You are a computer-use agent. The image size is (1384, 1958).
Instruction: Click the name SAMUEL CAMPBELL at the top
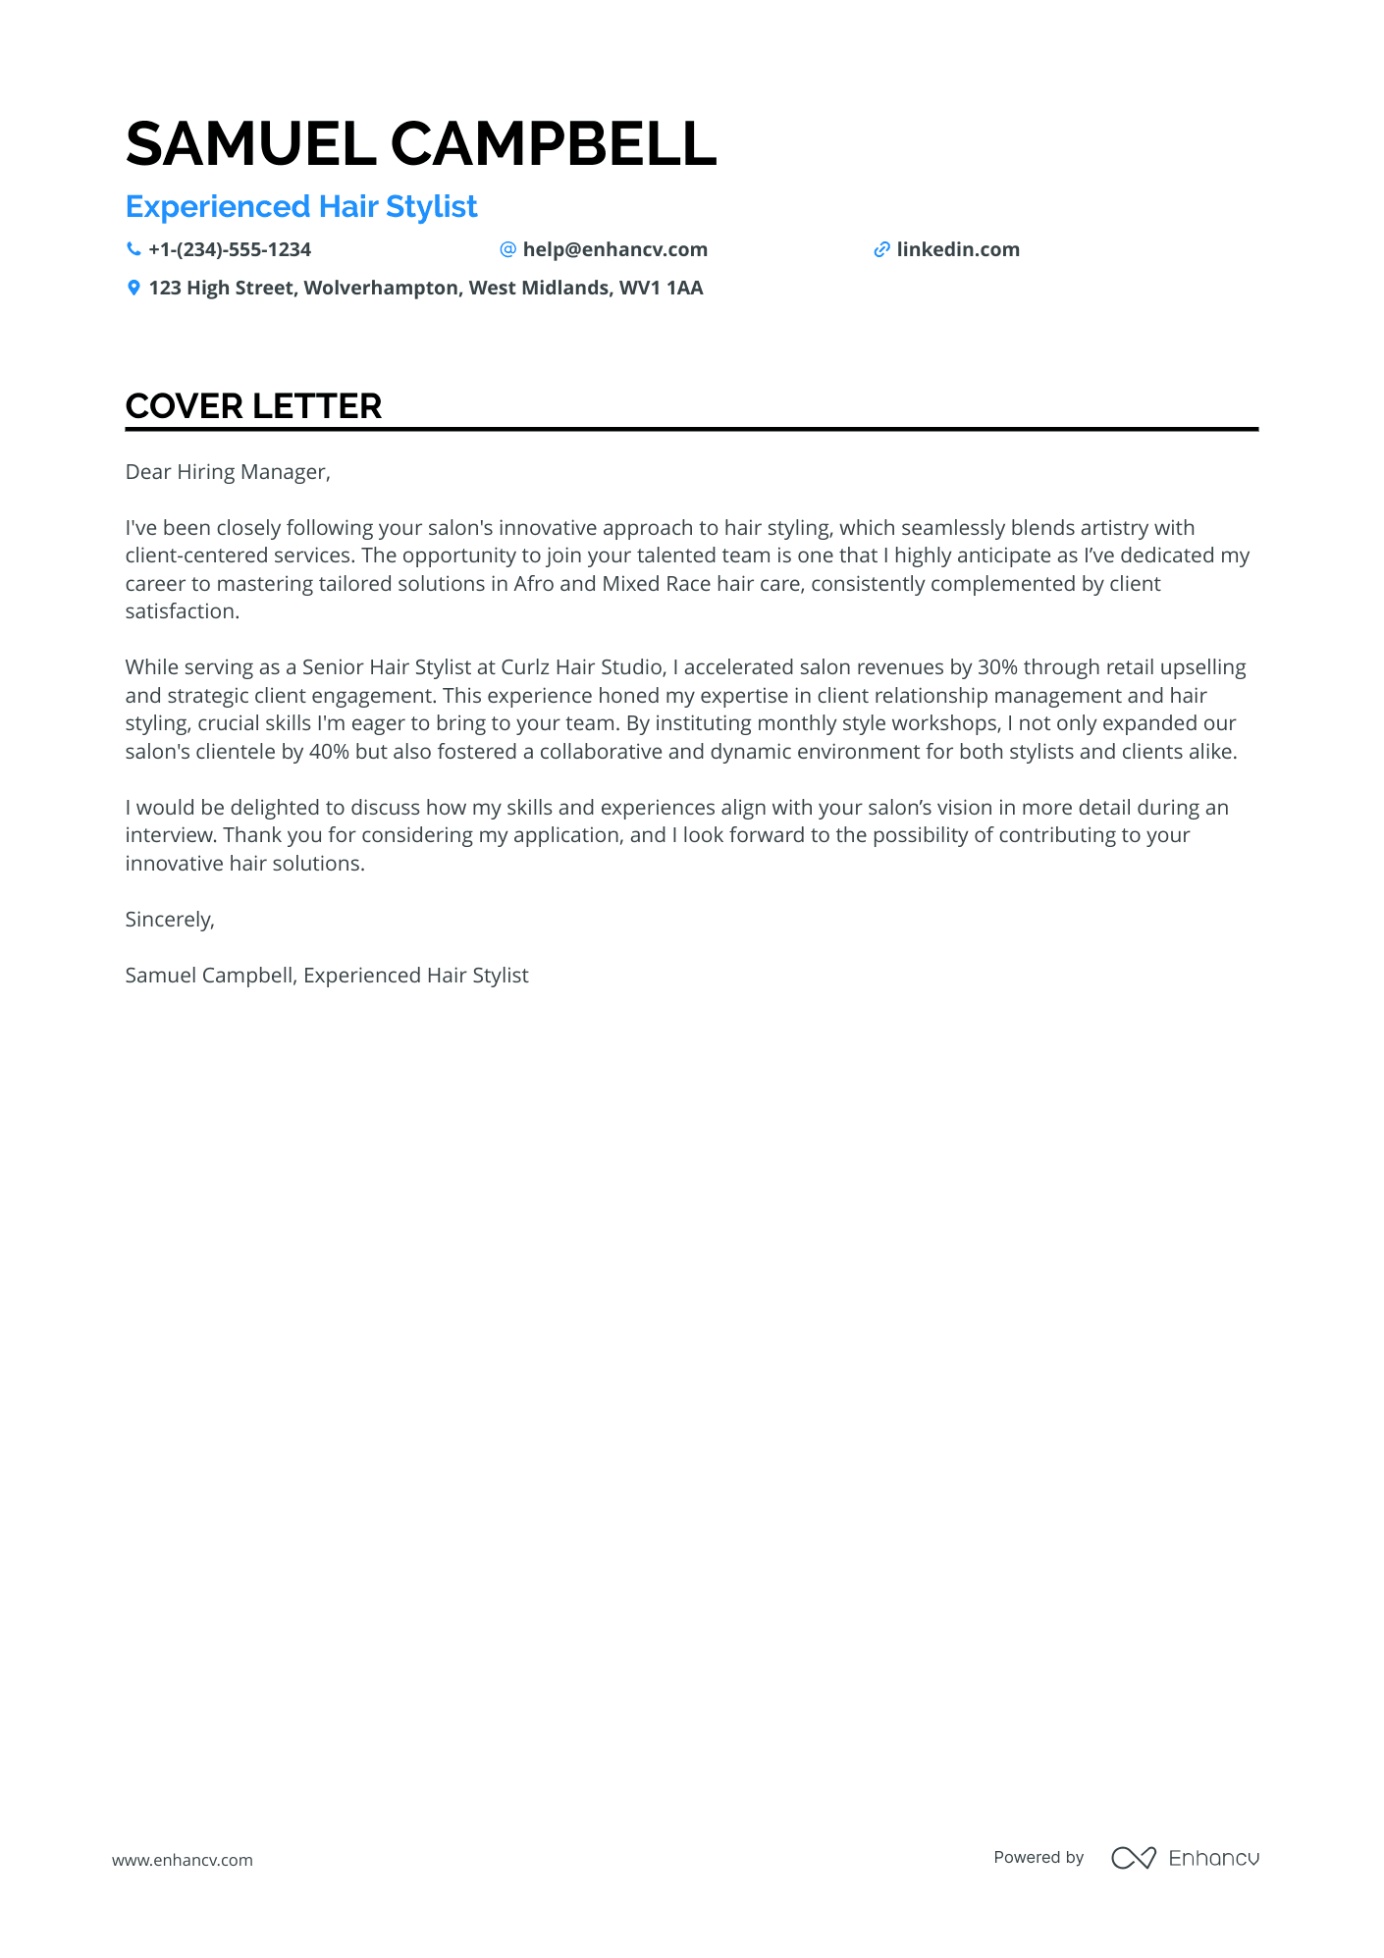pos(421,144)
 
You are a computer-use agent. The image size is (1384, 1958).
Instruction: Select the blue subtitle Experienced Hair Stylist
pos(301,207)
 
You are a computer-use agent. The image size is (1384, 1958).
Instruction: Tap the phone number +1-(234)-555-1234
pos(230,250)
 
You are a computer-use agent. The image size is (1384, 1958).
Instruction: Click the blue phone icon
pos(133,250)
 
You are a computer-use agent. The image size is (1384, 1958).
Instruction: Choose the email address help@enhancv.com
pos(614,250)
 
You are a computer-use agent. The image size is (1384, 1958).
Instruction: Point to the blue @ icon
pos(507,250)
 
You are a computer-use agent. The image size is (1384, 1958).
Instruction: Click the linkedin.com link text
pos(957,250)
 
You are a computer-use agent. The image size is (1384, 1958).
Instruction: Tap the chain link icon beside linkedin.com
pos(881,250)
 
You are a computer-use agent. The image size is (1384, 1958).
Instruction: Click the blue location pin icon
pos(133,289)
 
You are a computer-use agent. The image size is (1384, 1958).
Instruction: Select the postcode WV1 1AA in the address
pos(661,289)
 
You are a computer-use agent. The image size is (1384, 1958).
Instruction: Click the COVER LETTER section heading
pos(253,406)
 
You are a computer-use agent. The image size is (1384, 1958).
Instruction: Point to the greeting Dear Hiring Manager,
pos(228,472)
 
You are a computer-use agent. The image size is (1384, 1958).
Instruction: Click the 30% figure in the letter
pos(997,667)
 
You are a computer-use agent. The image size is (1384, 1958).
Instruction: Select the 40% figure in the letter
pos(329,752)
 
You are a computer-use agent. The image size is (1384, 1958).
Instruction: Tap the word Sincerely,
pos(170,920)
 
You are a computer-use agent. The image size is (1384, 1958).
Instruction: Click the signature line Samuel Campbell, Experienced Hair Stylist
pos(327,976)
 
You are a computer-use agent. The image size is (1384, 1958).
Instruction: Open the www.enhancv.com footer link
pos(183,1860)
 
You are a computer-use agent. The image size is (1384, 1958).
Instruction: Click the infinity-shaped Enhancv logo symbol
pos(1133,1858)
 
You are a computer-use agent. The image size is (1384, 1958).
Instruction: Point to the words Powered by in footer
pos(1038,1858)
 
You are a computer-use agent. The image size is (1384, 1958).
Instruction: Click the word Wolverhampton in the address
pos(381,289)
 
